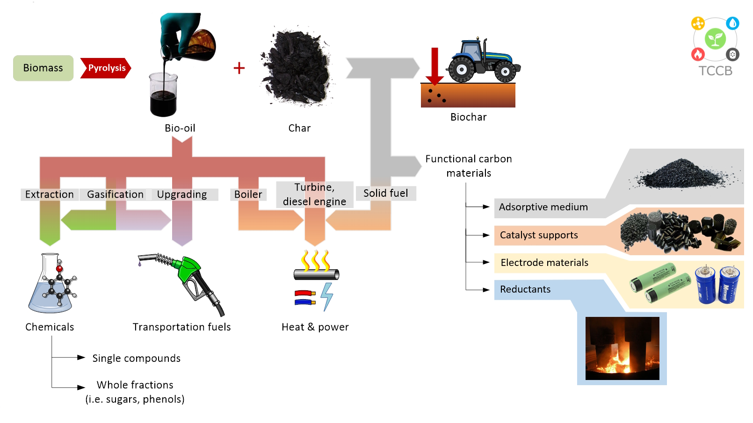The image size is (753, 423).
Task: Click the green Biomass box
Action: click(43, 68)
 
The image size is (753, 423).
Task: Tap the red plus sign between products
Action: click(239, 68)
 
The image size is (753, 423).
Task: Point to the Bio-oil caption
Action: click(180, 128)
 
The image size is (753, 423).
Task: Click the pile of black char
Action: click(297, 68)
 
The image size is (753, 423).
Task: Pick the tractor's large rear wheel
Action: click(462, 70)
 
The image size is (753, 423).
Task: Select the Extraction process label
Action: click(49, 194)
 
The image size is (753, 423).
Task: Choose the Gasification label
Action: click(115, 194)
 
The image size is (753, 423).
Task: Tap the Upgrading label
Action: click(182, 194)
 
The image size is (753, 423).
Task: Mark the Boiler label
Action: click(248, 194)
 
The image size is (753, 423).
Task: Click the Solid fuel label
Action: click(385, 194)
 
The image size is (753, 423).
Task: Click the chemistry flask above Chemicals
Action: click(51, 285)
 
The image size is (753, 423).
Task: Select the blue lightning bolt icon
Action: click(327, 296)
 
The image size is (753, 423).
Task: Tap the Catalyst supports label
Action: click(539, 235)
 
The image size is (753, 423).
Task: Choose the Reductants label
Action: click(525, 289)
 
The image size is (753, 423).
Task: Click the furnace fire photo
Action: click(622, 348)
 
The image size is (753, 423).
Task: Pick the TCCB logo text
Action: click(715, 71)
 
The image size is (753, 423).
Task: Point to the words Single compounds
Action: click(136, 358)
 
